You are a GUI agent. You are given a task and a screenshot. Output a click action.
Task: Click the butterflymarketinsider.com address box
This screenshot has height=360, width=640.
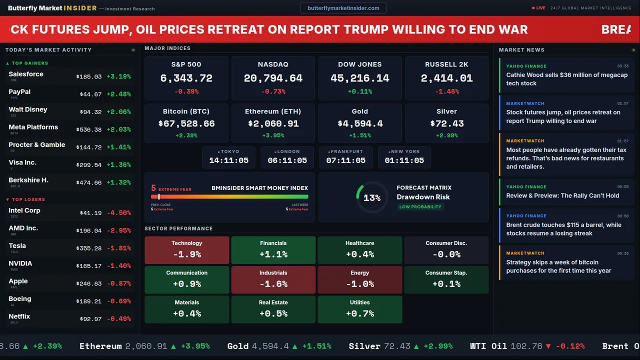[343, 8]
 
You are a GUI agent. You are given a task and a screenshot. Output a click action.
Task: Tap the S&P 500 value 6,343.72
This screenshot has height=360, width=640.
[186, 78]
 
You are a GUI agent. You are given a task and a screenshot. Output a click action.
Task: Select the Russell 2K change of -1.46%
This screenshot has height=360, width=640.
[446, 91]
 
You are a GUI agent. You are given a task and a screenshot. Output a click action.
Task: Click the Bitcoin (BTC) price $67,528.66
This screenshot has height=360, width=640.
[186, 123]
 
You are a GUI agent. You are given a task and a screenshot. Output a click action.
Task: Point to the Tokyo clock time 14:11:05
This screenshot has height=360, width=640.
[228, 160]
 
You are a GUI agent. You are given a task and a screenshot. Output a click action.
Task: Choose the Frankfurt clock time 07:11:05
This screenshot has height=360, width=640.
[345, 160]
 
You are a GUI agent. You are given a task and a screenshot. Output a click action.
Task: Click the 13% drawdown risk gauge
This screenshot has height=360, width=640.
[371, 198]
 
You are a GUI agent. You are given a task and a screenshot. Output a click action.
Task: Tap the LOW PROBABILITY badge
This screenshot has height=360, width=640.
[420, 207]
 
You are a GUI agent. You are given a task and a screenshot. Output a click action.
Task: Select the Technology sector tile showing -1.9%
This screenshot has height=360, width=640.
[186, 250]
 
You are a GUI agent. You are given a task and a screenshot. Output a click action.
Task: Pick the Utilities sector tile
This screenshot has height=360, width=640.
[359, 309]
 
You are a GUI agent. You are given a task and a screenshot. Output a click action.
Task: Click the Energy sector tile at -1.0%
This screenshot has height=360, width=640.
[359, 279]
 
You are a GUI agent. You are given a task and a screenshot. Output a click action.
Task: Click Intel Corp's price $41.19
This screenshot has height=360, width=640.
[90, 213]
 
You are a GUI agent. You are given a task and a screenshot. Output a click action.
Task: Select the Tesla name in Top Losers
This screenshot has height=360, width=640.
[17, 246]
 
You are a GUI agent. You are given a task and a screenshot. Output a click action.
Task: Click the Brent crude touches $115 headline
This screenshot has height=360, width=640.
[563, 229]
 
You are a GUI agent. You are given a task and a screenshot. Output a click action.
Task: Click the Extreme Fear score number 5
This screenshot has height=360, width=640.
[153, 188]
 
